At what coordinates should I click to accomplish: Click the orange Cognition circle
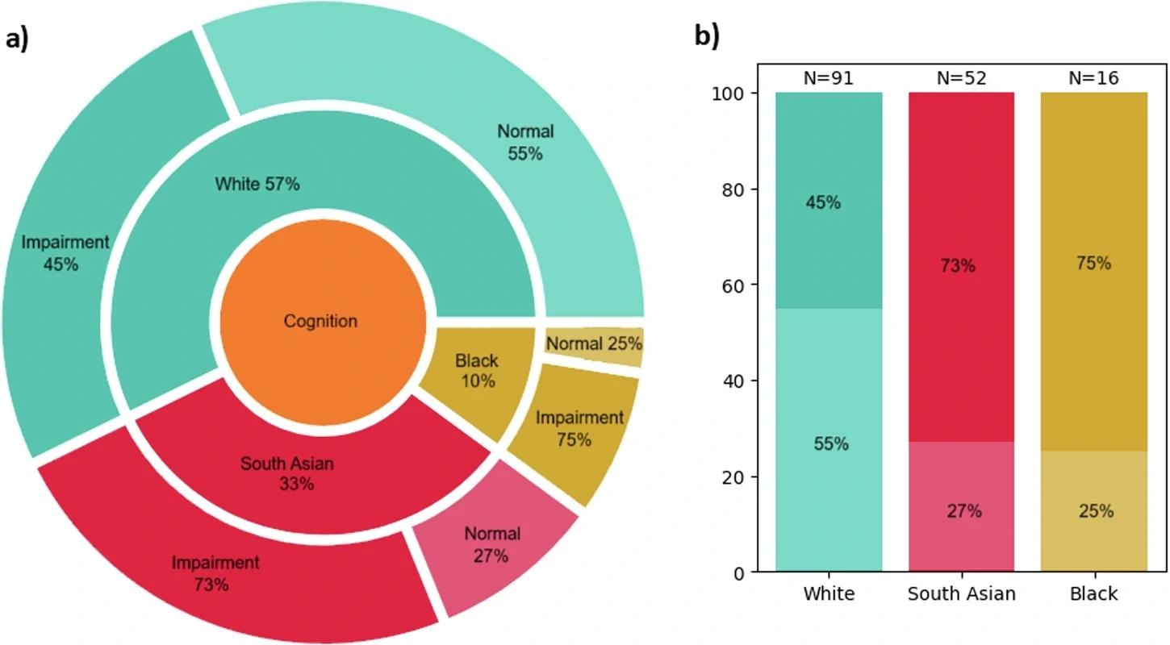coord(322,321)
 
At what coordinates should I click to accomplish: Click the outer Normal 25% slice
coord(594,344)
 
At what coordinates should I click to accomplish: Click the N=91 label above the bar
coord(829,77)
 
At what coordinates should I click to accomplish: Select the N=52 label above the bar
coord(961,77)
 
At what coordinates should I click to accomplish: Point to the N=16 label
coord(1093,77)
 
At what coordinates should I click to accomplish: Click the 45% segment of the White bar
coord(829,202)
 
